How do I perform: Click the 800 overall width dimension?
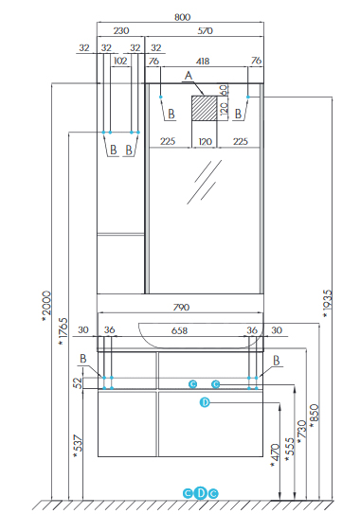click(182, 17)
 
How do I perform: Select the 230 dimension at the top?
click(121, 31)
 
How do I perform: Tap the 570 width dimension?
click(205, 31)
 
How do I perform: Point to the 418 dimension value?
click(203, 62)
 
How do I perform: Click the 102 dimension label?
click(120, 61)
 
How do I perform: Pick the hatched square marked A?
click(204, 108)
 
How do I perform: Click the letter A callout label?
click(189, 76)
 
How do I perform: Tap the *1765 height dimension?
click(63, 331)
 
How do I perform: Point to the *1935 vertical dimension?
click(328, 304)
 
